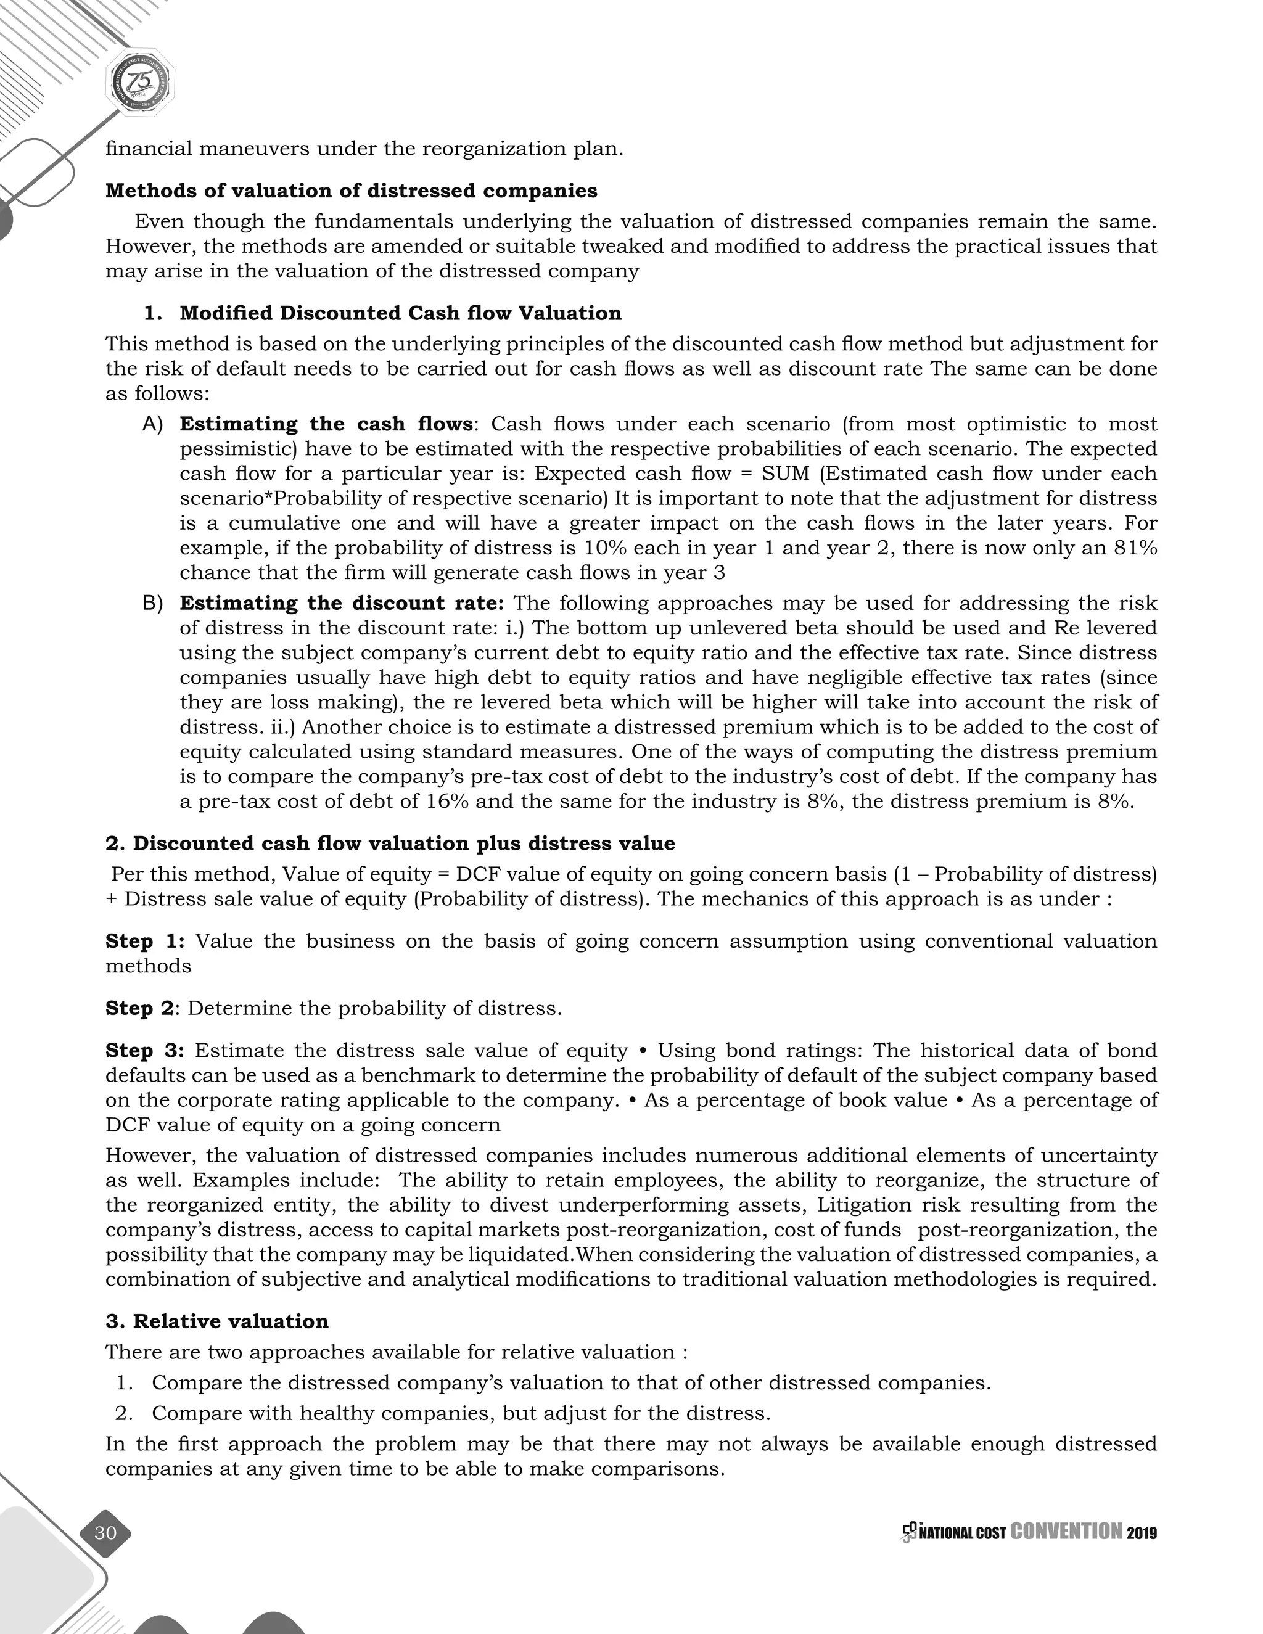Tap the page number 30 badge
click(x=105, y=1533)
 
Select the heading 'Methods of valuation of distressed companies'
click(x=351, y=191)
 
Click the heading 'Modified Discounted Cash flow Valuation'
click(x=400, y=313)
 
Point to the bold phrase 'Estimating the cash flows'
click(x=326, y=424)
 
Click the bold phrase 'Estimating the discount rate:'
click(x=341, y=603)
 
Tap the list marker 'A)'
click(x=153, y=424)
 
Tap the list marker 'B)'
click(x=153, y=603)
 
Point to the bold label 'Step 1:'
click(x=144, y=940)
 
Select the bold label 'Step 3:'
click(x=144, y=1051)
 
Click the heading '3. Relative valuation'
click(x=216, y=1321)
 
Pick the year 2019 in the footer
click(x=1142, y=1533)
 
